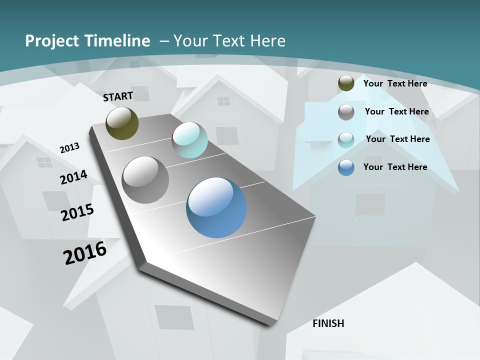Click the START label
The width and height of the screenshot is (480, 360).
point(118,96)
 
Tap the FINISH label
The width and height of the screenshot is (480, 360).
point(328,323)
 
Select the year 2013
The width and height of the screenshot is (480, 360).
point(69,148)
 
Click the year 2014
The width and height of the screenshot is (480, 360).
point(73,177)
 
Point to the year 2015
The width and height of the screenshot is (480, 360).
point(77,212)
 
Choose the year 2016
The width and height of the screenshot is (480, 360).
point(85,253)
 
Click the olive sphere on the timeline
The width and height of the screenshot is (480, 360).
point(122,123)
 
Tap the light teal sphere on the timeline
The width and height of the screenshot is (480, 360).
point(190,140)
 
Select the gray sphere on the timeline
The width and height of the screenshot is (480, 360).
point(145,180)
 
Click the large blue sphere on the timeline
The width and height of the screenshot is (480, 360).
point(216,207)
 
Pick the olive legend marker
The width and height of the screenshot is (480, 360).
point(346,83)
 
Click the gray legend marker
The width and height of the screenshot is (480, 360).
point(346,112)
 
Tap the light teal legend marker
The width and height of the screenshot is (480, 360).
point(346,139)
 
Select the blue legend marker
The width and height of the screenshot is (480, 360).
point(346,167)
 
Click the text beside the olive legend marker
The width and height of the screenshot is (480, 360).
point(395,83)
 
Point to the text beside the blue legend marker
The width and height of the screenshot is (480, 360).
point(395,167)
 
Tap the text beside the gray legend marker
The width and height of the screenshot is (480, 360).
point(396,111)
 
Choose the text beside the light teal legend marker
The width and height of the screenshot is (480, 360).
point(397,139)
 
